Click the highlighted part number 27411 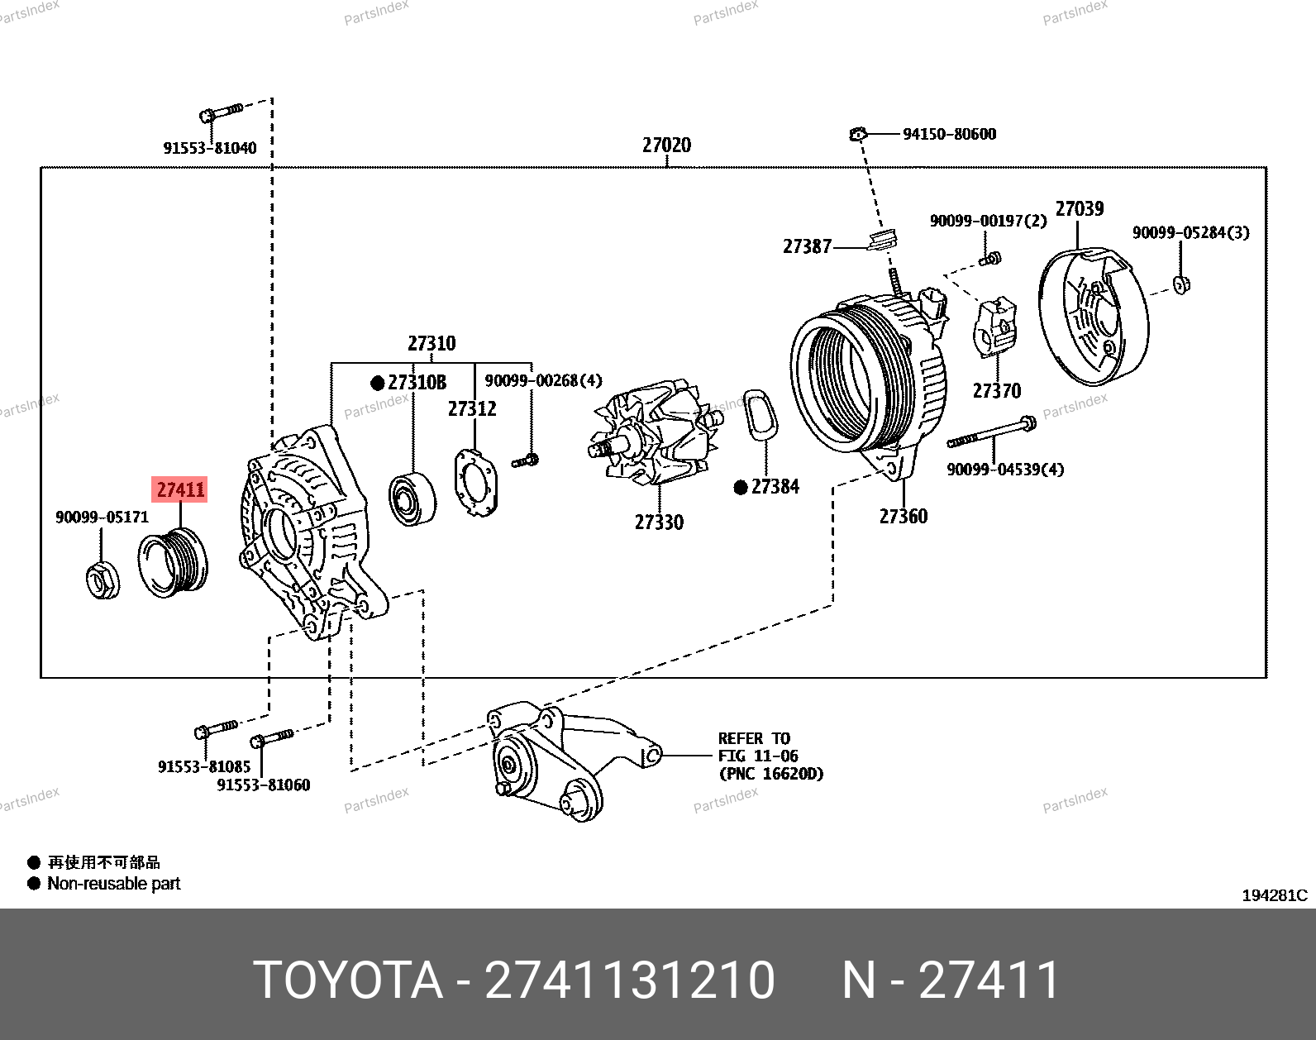(x=181, y=489)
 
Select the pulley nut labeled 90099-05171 (x=103, y=578)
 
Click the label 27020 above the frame (x=666, y=146)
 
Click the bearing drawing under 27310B (x=412, y=499)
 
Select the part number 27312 (x=472, y=408)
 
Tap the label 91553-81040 (x=209, y=148)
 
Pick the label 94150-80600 (x=949, y=134)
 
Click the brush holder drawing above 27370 (x=996, y=327)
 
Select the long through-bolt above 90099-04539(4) (x=991, y=432)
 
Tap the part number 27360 (x=903, y=516)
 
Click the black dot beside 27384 (x=741, y=488)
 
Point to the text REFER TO (x=754, y=738)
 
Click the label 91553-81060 (x=263, y=785)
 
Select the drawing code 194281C (x=1274, y=895)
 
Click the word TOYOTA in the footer (x=347, y=980)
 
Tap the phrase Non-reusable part (x=114, y=883)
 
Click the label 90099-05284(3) (x=1190, y=232)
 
